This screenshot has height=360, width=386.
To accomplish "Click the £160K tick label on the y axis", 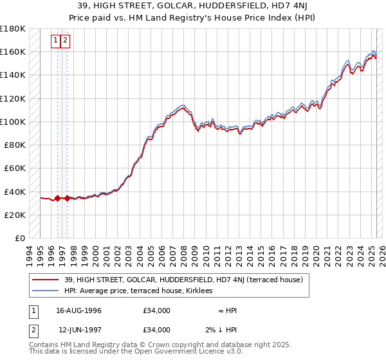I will pyautogui.click(x=13, y=51).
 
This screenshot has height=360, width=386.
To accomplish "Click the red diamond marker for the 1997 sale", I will pyautogui.click(x=67, y=198).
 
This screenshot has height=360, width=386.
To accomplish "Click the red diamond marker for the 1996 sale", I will pyautogui.click(x=57, y=198).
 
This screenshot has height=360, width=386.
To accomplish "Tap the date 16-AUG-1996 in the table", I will pyautogui.click(x=78, y=310).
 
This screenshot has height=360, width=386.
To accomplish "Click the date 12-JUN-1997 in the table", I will pyautogui.click(x=78, y=330).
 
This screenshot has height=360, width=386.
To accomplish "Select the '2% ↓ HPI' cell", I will pyautogui.click(x=221, y=330).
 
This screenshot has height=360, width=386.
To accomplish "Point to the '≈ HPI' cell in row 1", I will pyautogui.click(x=226, y=310).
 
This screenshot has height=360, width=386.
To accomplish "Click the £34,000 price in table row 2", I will pyautogui.click(x=157, y=330).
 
